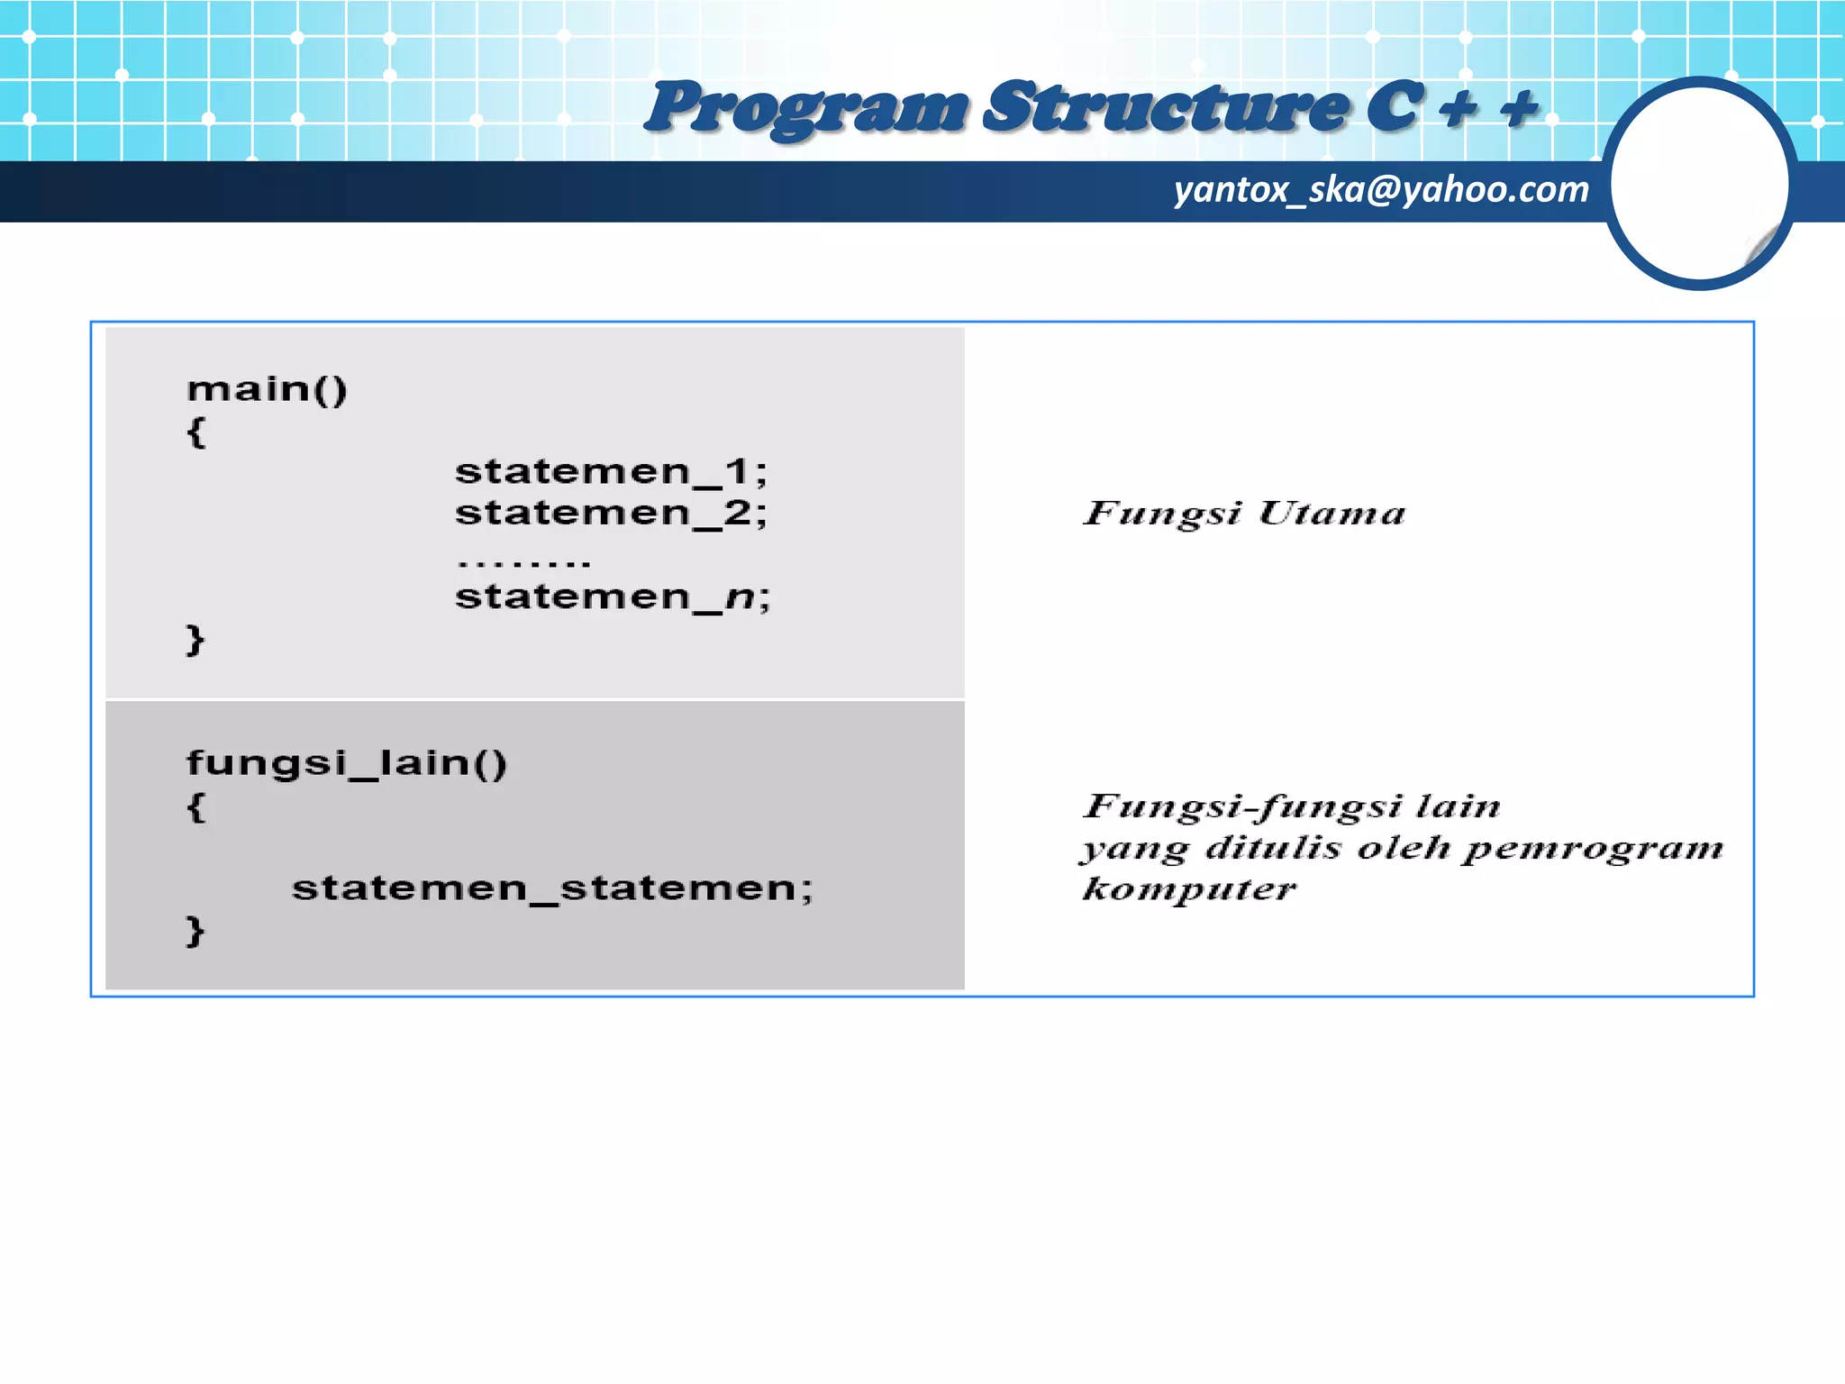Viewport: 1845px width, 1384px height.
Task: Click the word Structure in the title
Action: [x=1167, y=108]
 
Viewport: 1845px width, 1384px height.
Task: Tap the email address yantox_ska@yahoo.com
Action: [x=1381, y=190]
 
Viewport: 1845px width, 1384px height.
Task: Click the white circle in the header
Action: [x=1699, y=184]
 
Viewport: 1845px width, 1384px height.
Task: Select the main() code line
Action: [x=267, y=389]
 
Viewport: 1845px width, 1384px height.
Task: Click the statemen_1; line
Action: [x=611, y=471]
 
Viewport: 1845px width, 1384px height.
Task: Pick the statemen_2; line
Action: [x=611, y=513]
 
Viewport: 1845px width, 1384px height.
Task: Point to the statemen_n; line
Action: [x=613, y=596]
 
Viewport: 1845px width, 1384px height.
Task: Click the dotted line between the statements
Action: [x=523, y=563]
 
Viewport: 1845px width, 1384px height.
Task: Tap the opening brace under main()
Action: [x=195, y=432]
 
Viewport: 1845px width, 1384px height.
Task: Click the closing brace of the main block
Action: [x=195, y=640]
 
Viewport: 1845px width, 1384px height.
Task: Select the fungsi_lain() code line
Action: [x=347, y=763]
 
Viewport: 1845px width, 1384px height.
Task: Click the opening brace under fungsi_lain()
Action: [x=195, y=806]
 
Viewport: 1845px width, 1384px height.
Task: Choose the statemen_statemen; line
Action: [x=552, y=888]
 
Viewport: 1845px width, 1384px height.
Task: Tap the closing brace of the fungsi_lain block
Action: [x=195, y=930]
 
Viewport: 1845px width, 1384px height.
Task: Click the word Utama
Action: [x=1331, y=514]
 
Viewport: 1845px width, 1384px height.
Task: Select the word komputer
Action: [x=1189, y=890]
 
